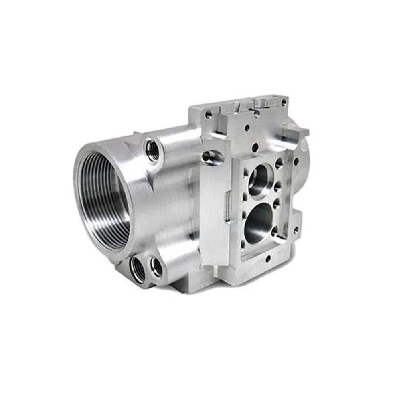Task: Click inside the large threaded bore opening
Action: tap(103, 200)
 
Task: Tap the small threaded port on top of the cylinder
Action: tap(153, 150)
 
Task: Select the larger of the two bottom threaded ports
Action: tap(138, 268)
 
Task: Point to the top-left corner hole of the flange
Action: tap(208, 115)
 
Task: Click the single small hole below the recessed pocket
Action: tap(267, 259)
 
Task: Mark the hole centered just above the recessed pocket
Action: tap(255, 147)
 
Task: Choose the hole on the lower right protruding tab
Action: tap(296, 230)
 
